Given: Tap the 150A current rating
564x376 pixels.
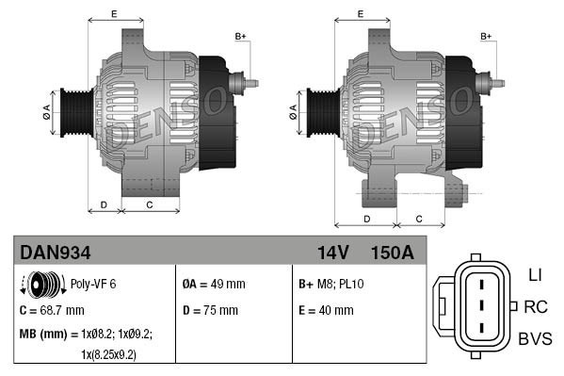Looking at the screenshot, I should point(391,253).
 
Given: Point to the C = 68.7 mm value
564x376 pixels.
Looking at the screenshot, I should point(52,309).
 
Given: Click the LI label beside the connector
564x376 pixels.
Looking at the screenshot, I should point(534,274).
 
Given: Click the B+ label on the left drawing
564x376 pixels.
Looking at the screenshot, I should point(240,36).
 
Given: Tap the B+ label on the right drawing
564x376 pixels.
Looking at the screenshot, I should point(487,36).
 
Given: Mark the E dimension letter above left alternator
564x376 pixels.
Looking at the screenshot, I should point(114,13).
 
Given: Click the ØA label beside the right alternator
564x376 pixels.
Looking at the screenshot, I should point(293,109).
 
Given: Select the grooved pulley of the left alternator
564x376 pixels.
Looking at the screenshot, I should point(75,111).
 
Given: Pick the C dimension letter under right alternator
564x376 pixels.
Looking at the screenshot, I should point(419,219).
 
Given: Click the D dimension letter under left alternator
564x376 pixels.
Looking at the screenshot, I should point(104,204).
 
